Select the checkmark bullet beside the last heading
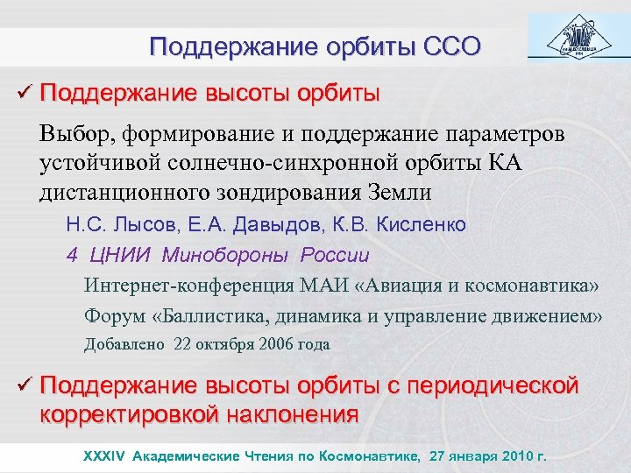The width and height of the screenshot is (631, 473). point(24,385)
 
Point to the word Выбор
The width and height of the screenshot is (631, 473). point(73,136)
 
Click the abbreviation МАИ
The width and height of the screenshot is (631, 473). point(344,286)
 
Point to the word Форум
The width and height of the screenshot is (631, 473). point(111,315)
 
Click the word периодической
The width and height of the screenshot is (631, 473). point(495,385)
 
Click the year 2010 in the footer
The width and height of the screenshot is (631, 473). point(514,456)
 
